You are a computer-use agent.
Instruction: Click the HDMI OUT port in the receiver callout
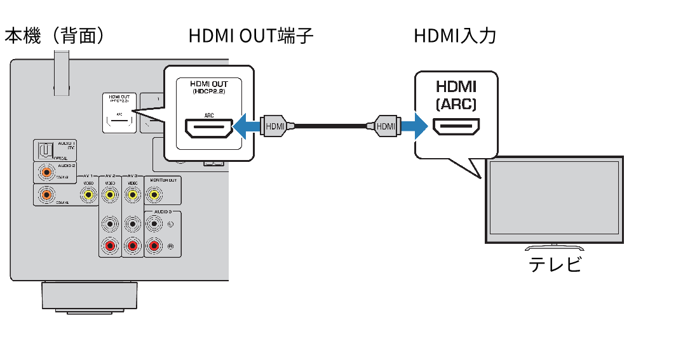coord(208,128)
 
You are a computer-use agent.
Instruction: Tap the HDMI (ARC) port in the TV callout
coord(456,126)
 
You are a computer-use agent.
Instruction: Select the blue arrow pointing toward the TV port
coord(413,126)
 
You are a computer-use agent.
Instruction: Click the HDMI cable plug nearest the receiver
coord(275,126)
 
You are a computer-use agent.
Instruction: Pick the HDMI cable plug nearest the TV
coord(386,126)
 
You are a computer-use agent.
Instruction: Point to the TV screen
coord(552,199)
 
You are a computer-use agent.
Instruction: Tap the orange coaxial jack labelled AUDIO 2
coord(46,171)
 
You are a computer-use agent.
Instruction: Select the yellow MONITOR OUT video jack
coord(153,194)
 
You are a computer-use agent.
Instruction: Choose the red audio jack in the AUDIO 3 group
coord(153,244)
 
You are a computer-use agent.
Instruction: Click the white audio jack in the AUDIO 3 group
coord(153,223)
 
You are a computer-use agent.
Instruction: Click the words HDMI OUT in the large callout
coord(208,84)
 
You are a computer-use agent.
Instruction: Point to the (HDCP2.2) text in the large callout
coord(208,93)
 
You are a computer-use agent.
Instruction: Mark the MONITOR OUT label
coord(163,180)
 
